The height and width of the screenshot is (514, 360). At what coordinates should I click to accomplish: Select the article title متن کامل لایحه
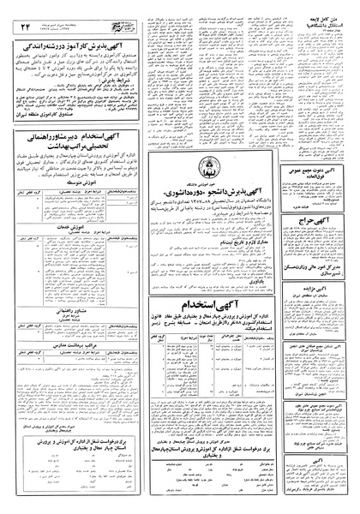330,29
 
